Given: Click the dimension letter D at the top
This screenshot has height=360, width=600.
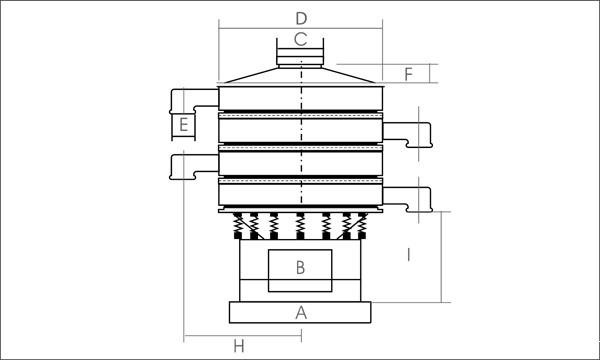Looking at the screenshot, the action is click(x=301, y=18).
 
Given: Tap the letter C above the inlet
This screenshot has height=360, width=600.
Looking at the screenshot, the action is click(x=300, y=39).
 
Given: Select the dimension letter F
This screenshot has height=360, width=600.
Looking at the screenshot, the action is click(x=409, y=74).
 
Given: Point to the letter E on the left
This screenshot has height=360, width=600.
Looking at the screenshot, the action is click(x=184, y=125).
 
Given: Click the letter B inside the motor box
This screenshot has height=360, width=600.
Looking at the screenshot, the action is click(x=300, y=268).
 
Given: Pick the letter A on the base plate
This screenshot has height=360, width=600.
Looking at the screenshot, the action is click(x=301, y=313).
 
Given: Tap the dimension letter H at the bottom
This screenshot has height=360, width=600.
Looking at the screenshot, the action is click(x=239, y=347).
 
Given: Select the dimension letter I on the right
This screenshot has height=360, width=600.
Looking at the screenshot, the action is click(x=409, y=255).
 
